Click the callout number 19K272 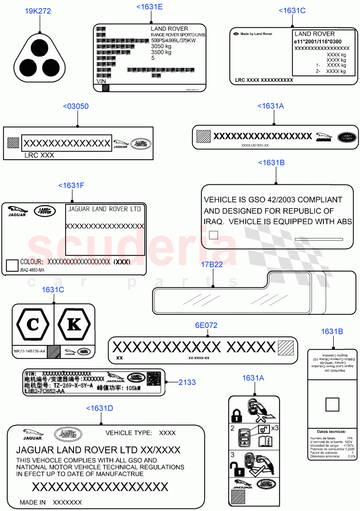37,11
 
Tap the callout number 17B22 211,264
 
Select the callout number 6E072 206,325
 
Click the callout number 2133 187,382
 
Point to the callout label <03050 76,106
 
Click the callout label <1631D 100,408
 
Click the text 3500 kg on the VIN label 161,52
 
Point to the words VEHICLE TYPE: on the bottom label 129,433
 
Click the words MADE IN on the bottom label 33,502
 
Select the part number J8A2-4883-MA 32,270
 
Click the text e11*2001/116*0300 317,42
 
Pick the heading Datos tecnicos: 331,431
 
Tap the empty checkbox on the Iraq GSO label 214,235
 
